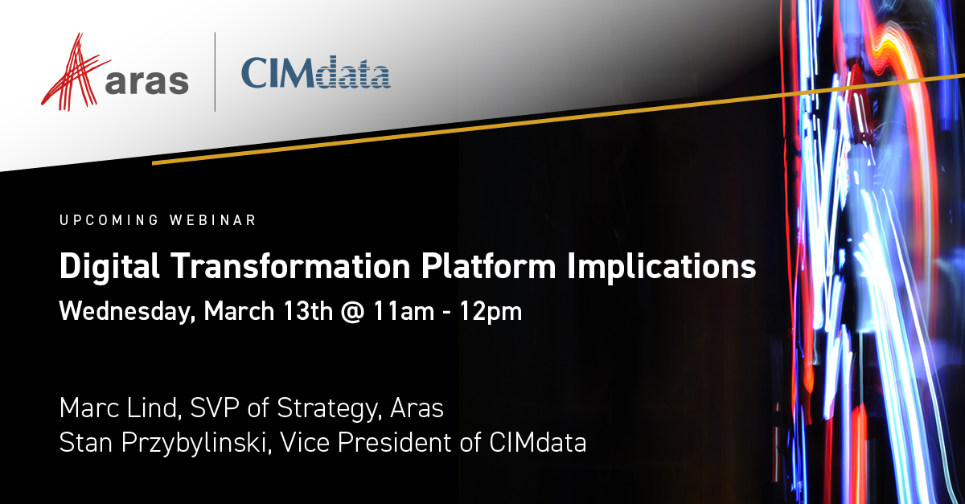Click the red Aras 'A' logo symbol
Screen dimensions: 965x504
[74, 73]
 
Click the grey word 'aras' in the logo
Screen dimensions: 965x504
[147, 81]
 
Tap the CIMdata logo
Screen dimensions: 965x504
[316, 72]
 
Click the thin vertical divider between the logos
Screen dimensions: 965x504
[215, 72]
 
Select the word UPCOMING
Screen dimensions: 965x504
[109, 220]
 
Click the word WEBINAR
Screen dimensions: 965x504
[213, 220]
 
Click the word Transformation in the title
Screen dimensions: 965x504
[290, 266]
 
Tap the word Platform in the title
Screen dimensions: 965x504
[489, 266]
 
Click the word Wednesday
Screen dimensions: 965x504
[128, 312]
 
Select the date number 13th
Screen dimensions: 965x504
[308, 310]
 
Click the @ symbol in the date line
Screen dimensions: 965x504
[352, 312]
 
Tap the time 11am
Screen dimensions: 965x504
[404, 311]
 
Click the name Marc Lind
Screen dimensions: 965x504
[120, 408]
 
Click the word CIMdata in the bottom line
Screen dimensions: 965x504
[538, 442]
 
